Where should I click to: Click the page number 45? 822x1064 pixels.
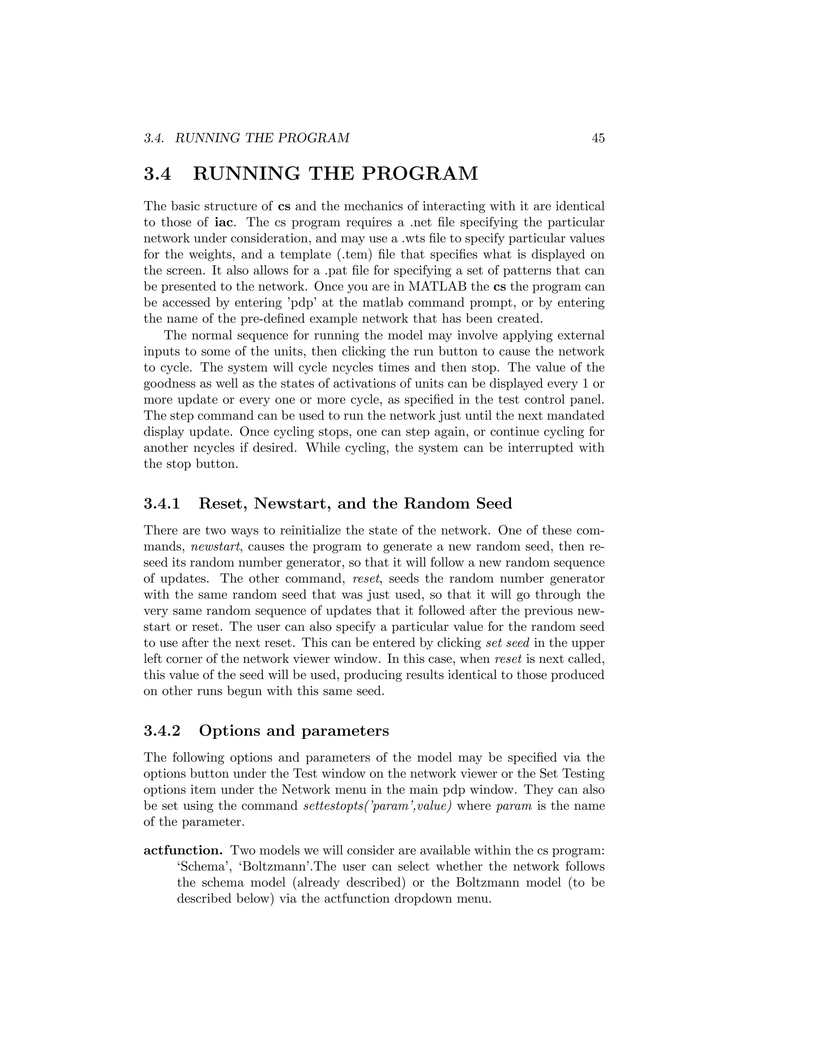(598, 139)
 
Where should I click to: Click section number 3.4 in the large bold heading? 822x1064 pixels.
(157, 174)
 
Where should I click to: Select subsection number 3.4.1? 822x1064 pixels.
(162, 504)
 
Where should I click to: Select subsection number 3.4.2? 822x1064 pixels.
(162, 731)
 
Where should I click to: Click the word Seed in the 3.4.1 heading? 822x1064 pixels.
(493, 504)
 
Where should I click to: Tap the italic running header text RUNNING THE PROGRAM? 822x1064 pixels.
(262, 139)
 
